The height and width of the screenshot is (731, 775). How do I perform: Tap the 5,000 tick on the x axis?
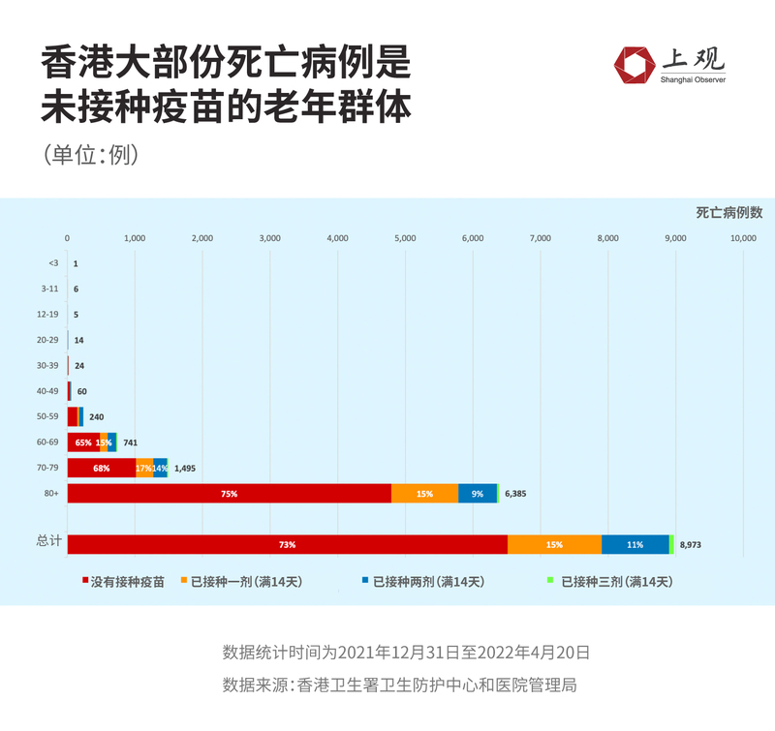pos(405,237)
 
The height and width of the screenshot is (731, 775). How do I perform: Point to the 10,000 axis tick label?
pos(743,237)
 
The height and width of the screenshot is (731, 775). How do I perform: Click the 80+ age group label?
pos(50,493)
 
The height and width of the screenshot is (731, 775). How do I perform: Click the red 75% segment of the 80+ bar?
pos(229,493)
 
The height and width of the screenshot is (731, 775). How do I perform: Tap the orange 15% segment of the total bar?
pos(554,544)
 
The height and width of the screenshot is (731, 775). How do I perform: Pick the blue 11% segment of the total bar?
pos(635,544)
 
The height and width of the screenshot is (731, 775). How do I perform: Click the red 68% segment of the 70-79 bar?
pos(101,468)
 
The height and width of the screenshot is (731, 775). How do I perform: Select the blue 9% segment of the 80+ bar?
pos(478,493)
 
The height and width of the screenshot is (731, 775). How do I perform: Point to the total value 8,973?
pos(690,545)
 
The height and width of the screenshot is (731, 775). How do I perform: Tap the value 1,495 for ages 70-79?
pos(185,468)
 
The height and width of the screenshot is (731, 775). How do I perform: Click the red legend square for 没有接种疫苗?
pos(85,581)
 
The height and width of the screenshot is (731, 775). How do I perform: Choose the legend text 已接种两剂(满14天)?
pos(428,582)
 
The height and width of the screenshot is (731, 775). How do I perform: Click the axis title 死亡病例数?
pos(728,212)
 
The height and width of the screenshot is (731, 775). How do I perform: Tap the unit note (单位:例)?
pos(90,155)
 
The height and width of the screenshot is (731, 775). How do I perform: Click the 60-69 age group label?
pos(48,442)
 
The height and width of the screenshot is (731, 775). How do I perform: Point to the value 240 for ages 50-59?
pos(96,417)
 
